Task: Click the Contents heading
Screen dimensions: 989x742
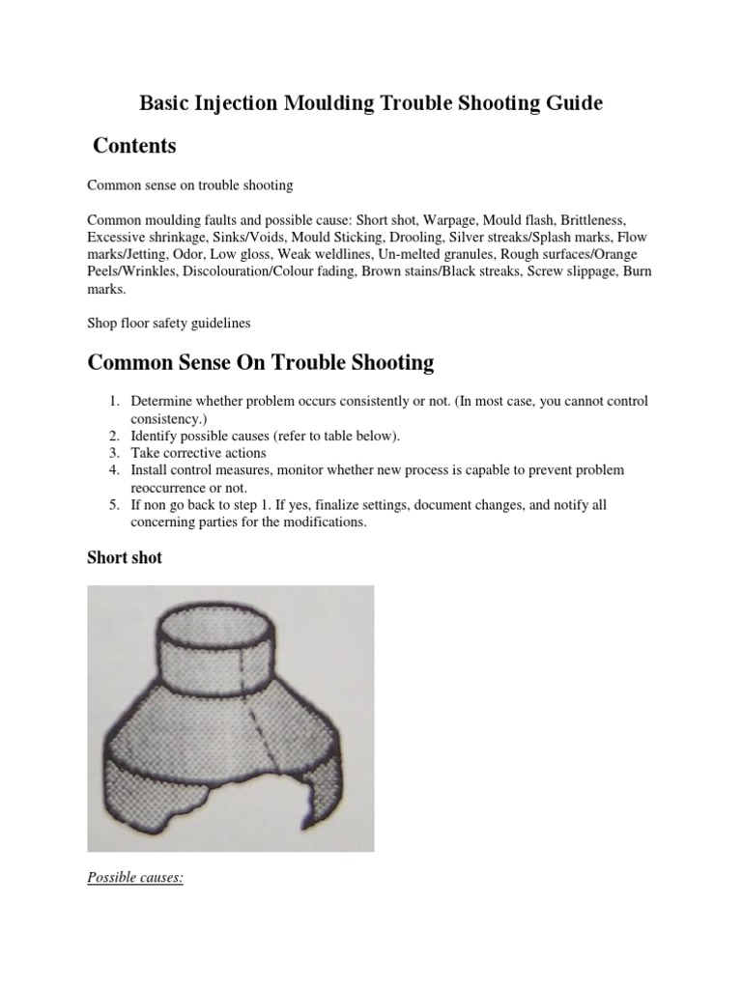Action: pos(134,146)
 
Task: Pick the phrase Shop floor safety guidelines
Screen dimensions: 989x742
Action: pos(170,324)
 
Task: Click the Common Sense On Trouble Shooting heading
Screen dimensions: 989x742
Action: pos(260,363)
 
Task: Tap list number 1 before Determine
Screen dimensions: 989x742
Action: pos(113,401)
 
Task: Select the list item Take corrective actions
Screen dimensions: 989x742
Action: pos(198,453)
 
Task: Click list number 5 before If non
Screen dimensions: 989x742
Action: pos(113,505)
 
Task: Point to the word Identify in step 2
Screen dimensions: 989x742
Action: pos(155,436)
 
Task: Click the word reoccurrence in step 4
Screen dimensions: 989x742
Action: pos(171,488)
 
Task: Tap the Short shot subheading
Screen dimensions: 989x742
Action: pos(125,558)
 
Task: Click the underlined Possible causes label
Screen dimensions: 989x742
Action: pos(135,878)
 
